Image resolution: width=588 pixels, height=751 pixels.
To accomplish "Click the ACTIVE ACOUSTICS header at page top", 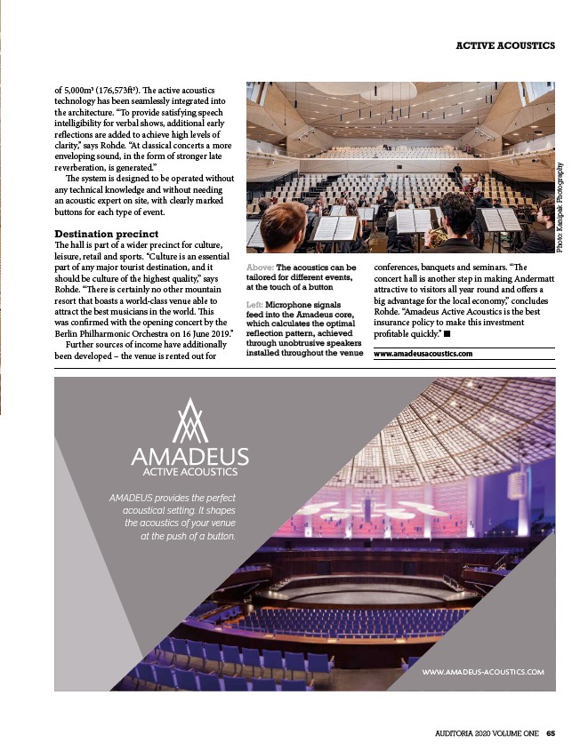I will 504,44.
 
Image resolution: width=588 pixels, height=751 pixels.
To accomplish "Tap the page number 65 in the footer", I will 552,733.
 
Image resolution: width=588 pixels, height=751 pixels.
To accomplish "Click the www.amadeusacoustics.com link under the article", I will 423,354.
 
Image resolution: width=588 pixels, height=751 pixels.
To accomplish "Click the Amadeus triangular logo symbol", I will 189,422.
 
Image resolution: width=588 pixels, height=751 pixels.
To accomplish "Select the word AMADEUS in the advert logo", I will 189,457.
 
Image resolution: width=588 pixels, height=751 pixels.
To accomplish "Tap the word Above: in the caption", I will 260,267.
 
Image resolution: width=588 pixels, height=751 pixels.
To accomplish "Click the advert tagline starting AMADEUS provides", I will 173,517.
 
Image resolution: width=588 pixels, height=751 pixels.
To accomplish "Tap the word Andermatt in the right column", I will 529,278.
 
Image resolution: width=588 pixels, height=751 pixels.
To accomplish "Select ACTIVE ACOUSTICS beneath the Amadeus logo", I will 189,471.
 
